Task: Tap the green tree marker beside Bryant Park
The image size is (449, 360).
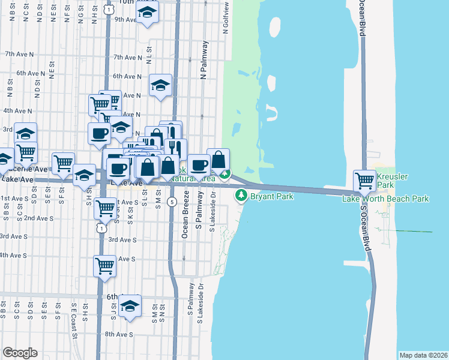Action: click(x=241, y=194)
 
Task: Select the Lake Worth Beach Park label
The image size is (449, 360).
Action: click(x=386, y=198)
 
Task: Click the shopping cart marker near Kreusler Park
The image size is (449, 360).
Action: click(x=364, y=179)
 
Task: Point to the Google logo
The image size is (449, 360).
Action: click(x=20, y=353)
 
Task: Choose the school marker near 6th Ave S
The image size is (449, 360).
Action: click(x=130, y=306)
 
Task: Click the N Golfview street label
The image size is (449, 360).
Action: click(x=226, y=18)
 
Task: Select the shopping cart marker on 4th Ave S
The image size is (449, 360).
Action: click(x=104, y=265)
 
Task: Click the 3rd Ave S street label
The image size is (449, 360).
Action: click(x=121, y=239)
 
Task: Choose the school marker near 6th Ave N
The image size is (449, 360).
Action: click(x=160, y=86)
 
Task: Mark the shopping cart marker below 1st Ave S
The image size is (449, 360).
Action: click(x=106, y=209)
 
